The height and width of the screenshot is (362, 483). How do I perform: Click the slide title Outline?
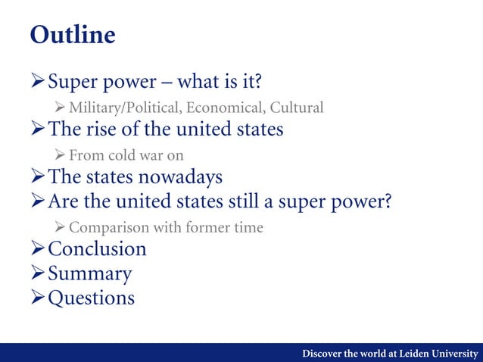tap(73, 36)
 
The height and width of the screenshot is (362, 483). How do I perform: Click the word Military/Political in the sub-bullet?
tap(117, 108)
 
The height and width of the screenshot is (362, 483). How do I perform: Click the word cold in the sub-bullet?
tap(121, 155)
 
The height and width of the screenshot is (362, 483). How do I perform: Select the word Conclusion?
tap(97, 249)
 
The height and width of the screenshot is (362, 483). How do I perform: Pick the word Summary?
tap(89, 273)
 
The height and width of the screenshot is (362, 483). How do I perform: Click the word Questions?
tap(91, 298)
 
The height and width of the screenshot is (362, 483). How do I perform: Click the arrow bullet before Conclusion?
tap(38, 249)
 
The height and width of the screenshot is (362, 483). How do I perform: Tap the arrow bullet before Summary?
tap(38, 273)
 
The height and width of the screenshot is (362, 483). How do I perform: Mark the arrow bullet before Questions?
tap(38, 298)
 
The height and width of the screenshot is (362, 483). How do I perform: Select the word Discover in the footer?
tap(324, 354)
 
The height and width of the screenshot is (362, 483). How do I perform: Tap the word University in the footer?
tap(455, 354)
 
